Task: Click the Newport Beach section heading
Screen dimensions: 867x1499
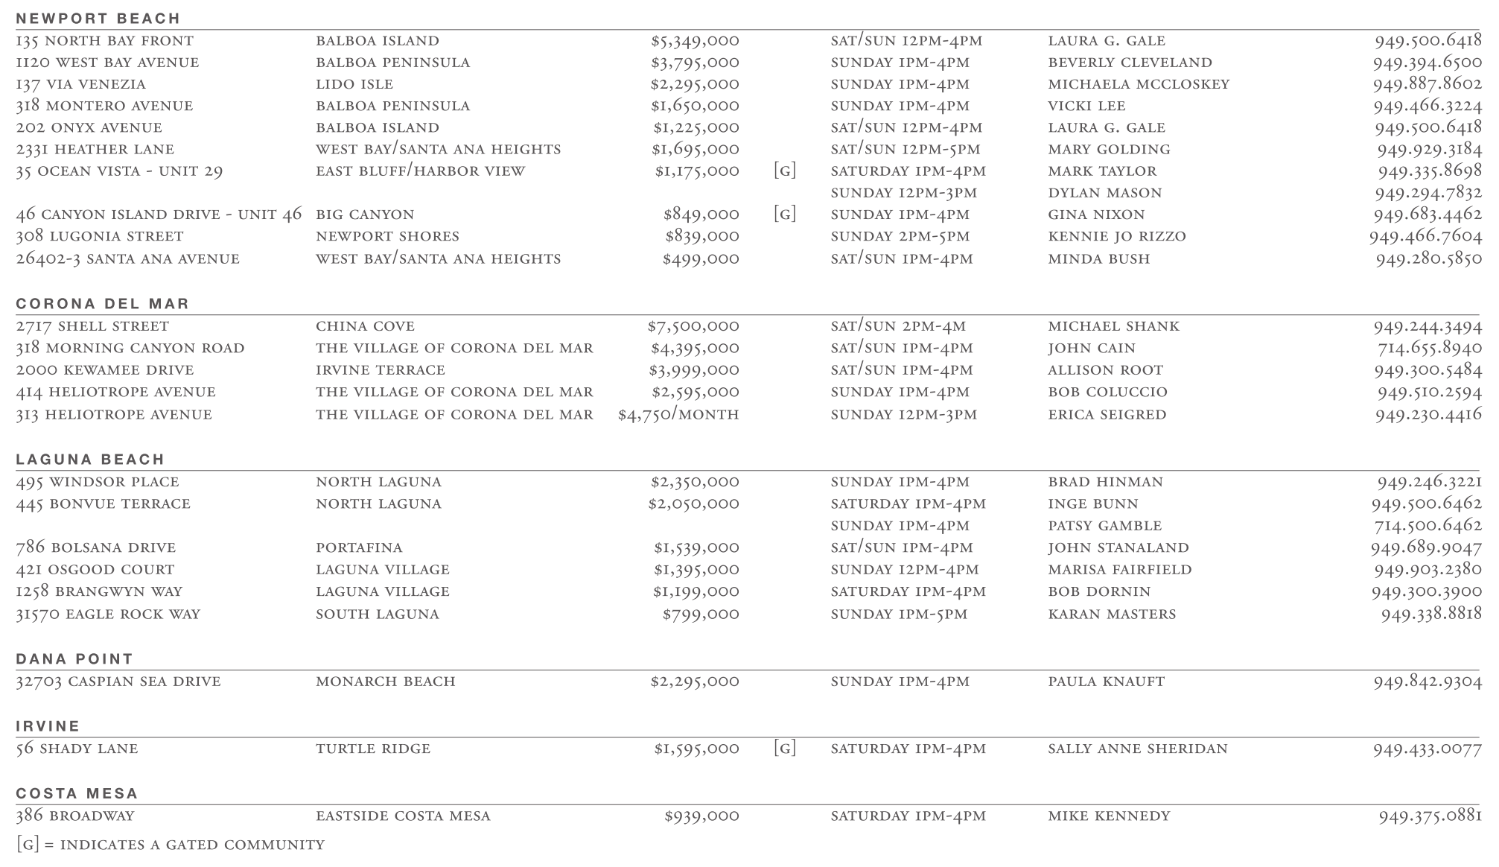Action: (x=98, y=18)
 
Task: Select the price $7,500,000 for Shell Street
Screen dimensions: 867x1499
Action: (x=693, y=326)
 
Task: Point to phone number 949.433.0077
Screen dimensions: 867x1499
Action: (x=1427, y=749)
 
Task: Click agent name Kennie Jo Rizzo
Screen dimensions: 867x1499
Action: (x=1116, y=236)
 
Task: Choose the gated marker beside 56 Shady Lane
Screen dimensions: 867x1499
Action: (x=784, y=749)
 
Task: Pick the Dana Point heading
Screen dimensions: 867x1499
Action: (x=74, y=658)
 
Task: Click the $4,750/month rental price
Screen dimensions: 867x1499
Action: (x=678, y=414)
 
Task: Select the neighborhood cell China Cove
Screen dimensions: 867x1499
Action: (x=365, y=326)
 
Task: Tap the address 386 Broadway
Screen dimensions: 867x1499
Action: (x=74, y=816)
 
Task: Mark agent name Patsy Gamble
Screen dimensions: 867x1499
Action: (x=1104, y=526)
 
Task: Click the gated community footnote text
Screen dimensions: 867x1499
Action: (x=170, y=845)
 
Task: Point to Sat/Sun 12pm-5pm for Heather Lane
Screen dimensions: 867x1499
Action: (x=906, y=149)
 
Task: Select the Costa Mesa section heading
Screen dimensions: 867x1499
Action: (x=77, y=793)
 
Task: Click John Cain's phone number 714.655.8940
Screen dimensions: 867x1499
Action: (x=1429, y=348)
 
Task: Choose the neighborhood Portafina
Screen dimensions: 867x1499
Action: (x=359, y=547)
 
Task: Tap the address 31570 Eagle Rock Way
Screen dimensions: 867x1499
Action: (x=108, y=614)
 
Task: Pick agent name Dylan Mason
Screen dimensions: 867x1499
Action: (x=1104, y=193)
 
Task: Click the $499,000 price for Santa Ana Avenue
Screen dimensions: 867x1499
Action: (x=701, y=258)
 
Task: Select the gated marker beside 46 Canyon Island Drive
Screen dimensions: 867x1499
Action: (x=784, y=215)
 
